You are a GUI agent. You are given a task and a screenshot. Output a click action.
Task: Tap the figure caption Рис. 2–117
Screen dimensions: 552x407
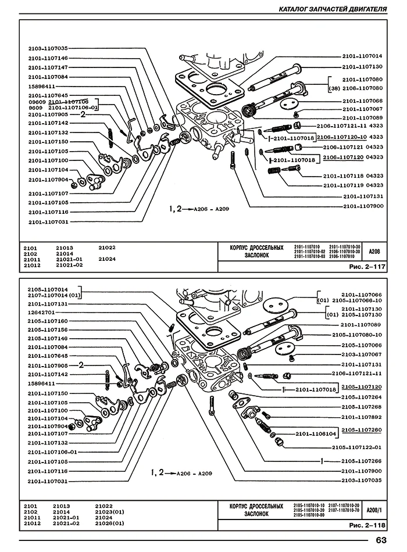point(367,267)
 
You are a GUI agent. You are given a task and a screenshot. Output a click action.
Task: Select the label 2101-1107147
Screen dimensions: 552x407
point(47,67)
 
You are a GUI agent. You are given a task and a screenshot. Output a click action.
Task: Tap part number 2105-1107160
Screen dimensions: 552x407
point(47,321)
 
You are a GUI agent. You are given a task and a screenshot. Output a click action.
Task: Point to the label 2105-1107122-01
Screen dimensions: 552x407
point(356,447)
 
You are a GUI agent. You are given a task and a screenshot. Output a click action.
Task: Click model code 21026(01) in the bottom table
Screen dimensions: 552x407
point(110,524)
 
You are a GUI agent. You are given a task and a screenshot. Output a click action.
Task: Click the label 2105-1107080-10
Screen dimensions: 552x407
point(356,335)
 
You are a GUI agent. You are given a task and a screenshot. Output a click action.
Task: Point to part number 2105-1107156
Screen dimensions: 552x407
point(47,329)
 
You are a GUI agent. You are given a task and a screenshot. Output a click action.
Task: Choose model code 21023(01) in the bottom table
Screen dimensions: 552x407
point(110,512)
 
